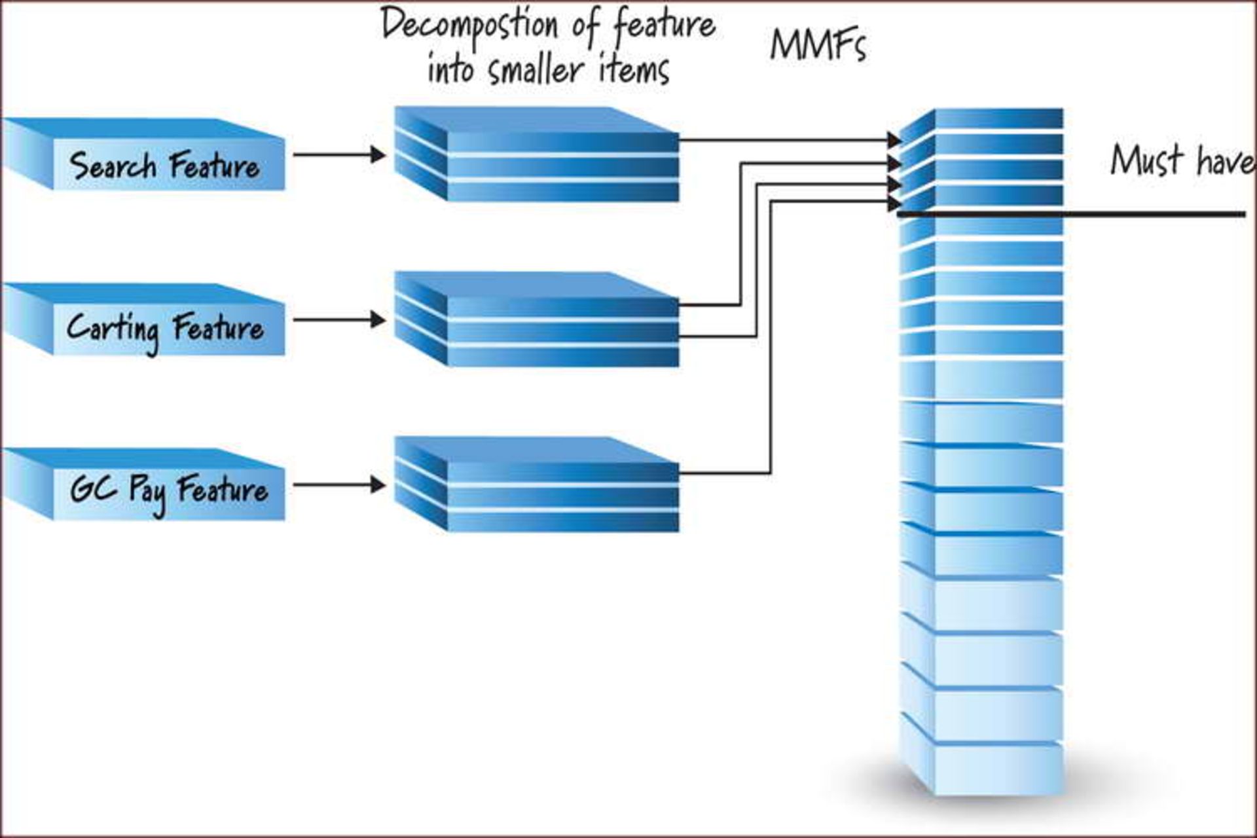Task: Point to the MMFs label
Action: pos(818,46)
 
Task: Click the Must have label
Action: pos(1182,160)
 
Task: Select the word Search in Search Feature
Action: pos(113,165)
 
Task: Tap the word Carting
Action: pos(113,329)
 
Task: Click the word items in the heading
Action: pos(634,69)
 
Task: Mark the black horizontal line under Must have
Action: pos(1113,214)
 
